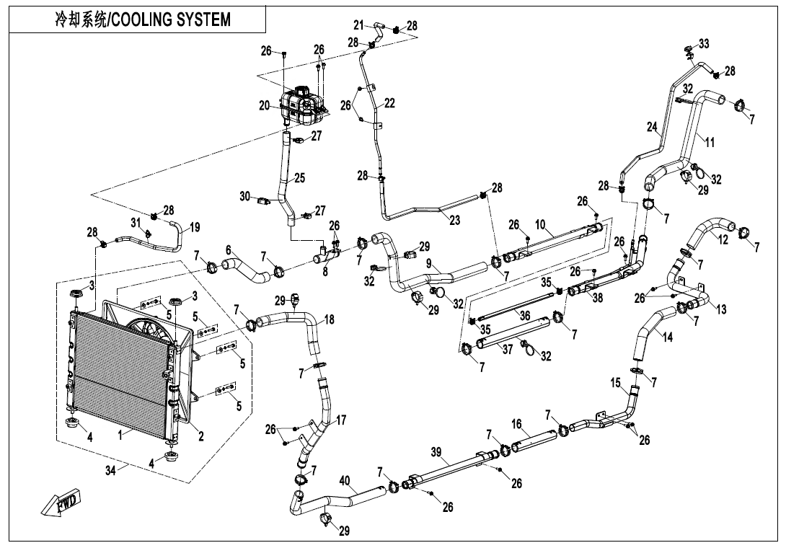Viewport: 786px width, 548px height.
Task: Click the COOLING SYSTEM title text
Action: click(x=143, y=19)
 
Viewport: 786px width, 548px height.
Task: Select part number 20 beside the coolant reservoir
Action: click(x=265, y=105)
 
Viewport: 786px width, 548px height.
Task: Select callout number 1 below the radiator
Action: click(x=121, y=436)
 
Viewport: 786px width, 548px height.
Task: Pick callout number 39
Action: click(x=436, y=451)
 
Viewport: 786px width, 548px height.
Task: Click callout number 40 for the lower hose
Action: click(x=345, y=479)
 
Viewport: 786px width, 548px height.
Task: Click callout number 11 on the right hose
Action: click(x=710, y=142)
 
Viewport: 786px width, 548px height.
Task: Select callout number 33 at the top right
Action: click(x=704, y=44)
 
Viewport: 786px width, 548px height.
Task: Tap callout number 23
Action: click(x=454, y=221)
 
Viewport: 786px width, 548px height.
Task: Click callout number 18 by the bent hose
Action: click(x=329, y=319)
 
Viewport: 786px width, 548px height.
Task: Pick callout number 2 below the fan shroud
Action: click(x=201, y=436)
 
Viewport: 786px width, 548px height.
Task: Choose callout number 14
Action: click(x=668, y=336)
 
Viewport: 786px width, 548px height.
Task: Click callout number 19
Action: click(x=195, y=228)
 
